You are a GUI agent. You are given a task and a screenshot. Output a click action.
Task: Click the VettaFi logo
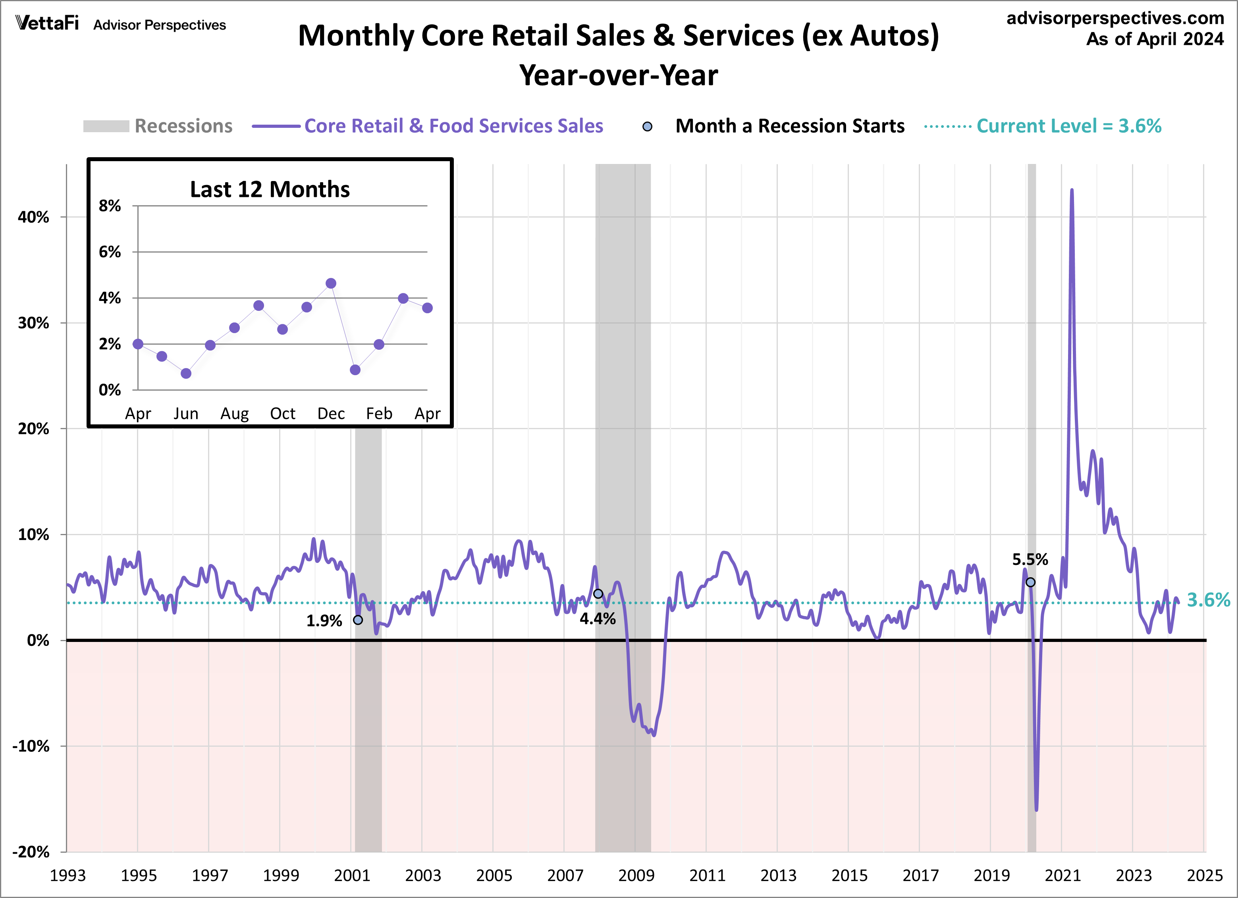click(x=47, y=23)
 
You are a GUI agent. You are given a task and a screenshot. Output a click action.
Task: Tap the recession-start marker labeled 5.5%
click(x=1030, y=582)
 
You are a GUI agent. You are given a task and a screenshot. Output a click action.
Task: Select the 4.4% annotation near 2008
click(x=597, y=619)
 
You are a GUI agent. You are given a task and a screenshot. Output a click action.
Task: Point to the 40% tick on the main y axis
click(x=33, y=217)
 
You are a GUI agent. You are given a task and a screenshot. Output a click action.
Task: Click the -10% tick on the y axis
click(x=31, y=746)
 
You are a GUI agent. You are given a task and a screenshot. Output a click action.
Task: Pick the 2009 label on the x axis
click(x=636, y=876)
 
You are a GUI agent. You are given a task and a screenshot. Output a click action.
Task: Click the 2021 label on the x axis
click(x=1062, y=876)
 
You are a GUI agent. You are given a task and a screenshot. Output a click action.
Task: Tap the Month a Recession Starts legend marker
click(x=647, y=127)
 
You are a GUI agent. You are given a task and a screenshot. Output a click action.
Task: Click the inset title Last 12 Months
click(x=270, y=189)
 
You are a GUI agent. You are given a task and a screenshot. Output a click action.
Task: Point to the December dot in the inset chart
click(x=331, y=283)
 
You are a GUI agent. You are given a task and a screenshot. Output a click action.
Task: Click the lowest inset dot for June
click(x=186, y=374)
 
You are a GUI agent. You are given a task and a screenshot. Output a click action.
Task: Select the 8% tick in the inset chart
click(x=110, y=206)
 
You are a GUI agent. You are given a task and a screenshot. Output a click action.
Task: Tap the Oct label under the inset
click(x=282, y=414)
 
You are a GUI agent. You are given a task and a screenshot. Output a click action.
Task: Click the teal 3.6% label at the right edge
click(x=1208, y=600)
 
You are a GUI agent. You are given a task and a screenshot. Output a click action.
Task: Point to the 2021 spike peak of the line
click(x=1072, y=191)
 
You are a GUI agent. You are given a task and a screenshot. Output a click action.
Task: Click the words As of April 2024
click(x=1155, y=39)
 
